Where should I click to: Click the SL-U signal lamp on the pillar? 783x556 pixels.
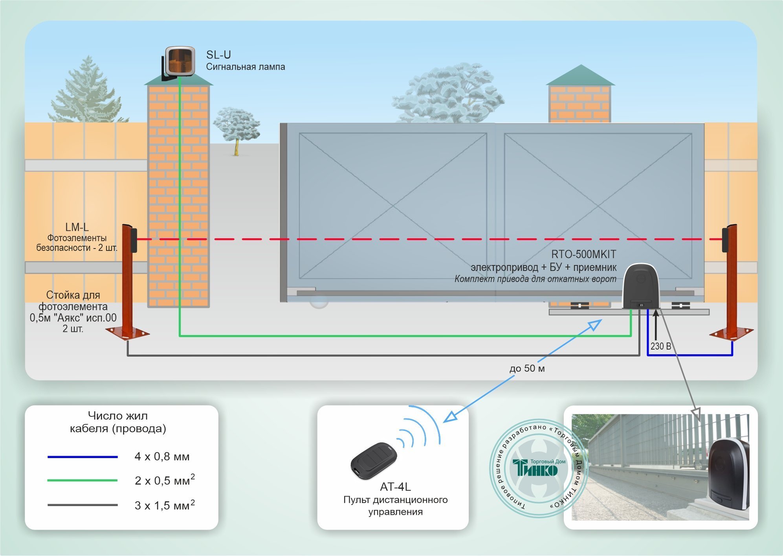pos(180,61)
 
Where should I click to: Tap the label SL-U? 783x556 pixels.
pos(218,55)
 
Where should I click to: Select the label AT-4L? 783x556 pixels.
pos(395,487)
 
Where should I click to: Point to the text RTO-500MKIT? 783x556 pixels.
pos(583,254)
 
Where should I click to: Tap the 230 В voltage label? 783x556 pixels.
pos(660,346)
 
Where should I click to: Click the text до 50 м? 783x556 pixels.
pos(527,368)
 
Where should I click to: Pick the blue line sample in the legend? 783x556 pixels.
pos(83,457)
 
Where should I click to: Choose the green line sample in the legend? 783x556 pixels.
pos(83,481)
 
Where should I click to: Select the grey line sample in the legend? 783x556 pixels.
pos(83,505)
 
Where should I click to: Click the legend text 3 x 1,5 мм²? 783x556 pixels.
pos(165,505)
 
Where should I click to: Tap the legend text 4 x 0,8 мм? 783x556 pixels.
pos(162,457)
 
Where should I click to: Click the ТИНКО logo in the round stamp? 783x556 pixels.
pos(535,468)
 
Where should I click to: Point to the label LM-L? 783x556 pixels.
pos(77,227)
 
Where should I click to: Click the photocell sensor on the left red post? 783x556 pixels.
pos(134,240)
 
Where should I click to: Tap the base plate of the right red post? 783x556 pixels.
pos(731,333)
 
